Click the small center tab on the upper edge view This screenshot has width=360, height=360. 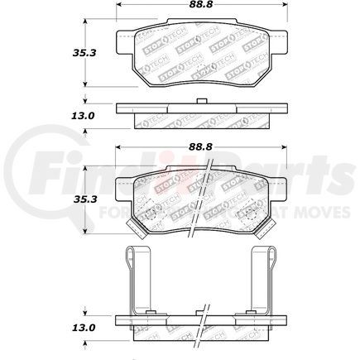pos(201,102)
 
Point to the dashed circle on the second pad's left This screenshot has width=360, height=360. pos(151,214)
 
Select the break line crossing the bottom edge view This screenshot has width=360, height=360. pos(201,319)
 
